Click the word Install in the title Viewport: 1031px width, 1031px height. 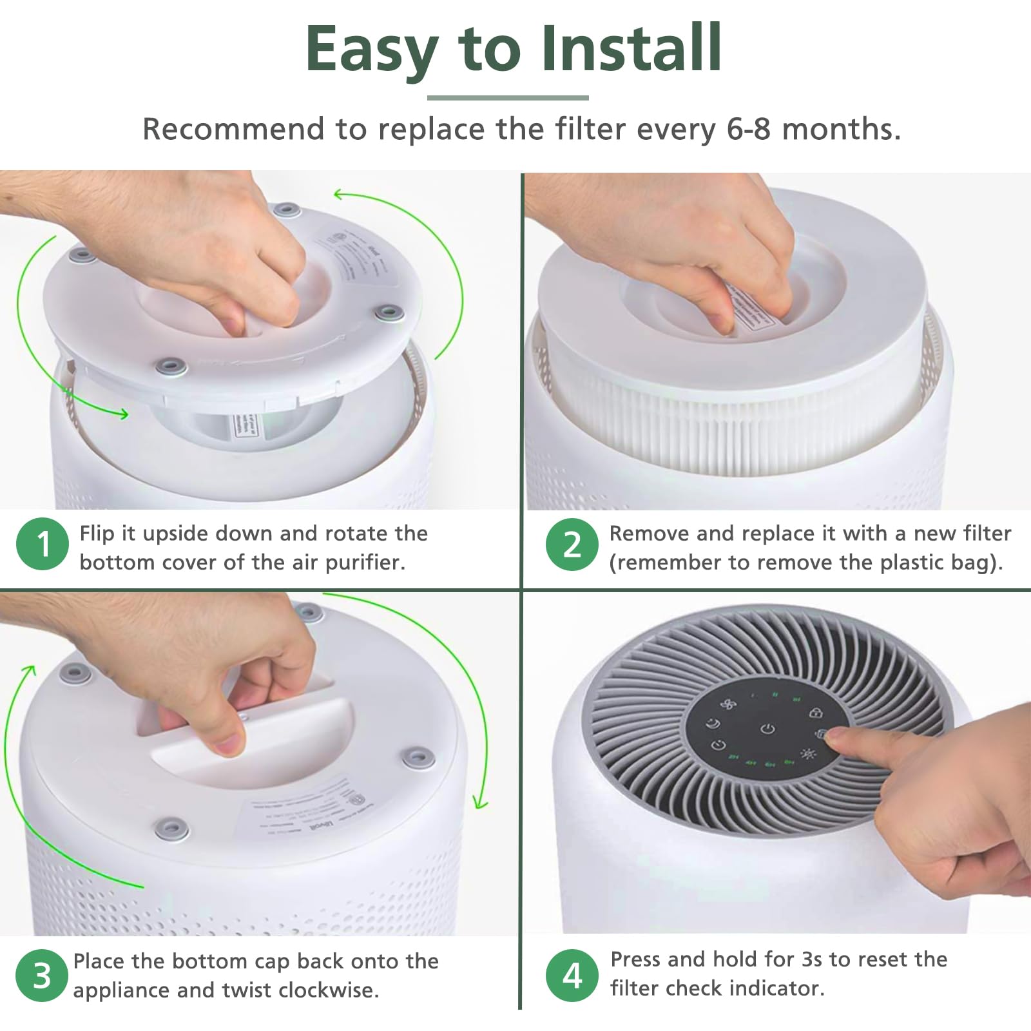click(631, 49)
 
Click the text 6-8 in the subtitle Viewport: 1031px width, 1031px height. click(748, 129)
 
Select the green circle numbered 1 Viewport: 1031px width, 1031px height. click(43, 544)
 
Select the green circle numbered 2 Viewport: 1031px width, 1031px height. click(572, 544)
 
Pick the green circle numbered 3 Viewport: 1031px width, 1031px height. click(42, 975)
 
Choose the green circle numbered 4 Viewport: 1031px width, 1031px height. click(572, 975)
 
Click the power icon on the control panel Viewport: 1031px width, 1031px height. click(767, 729)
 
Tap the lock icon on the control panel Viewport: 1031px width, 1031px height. click(815, 713)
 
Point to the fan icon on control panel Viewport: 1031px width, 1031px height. click(728, 704)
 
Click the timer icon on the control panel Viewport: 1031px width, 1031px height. click(718, 746)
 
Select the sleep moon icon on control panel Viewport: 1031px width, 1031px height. click(713, 724)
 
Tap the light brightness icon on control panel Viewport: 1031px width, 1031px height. click(808, 753)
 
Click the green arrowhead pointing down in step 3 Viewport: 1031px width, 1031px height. click(480, 803)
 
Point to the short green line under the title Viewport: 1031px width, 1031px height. click(508, 98)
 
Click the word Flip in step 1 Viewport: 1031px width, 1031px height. click(98, 534)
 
